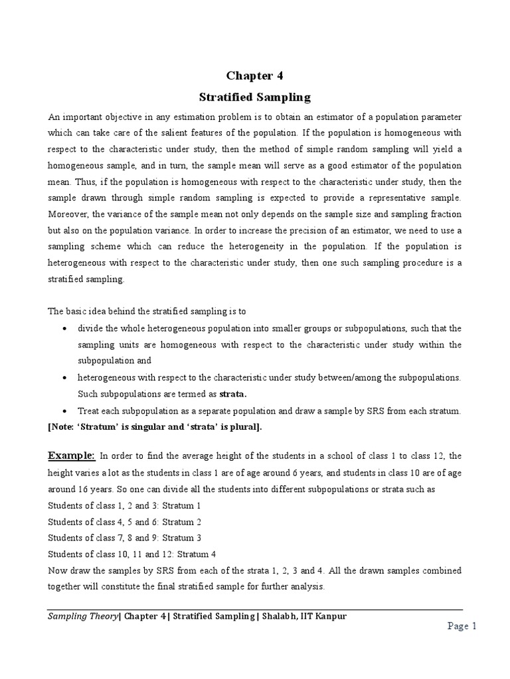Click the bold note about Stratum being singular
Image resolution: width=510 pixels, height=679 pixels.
pyautogui.click(x=155, y=427)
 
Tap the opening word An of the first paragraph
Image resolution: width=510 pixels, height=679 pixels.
pyautogui.click(x=54, y=116)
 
